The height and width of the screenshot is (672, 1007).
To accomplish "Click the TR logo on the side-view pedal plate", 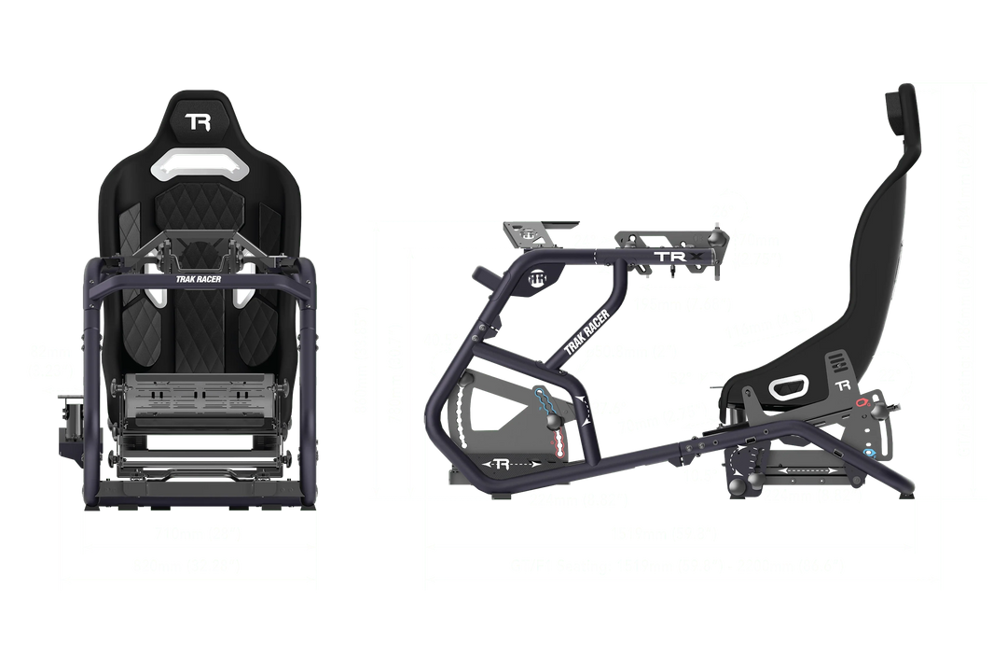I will (502, 464).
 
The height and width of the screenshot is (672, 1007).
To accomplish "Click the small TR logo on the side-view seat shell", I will (844, 385).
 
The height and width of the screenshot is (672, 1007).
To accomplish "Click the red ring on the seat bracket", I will (863, 401).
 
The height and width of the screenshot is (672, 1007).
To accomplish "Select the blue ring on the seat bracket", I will (870, 452).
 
